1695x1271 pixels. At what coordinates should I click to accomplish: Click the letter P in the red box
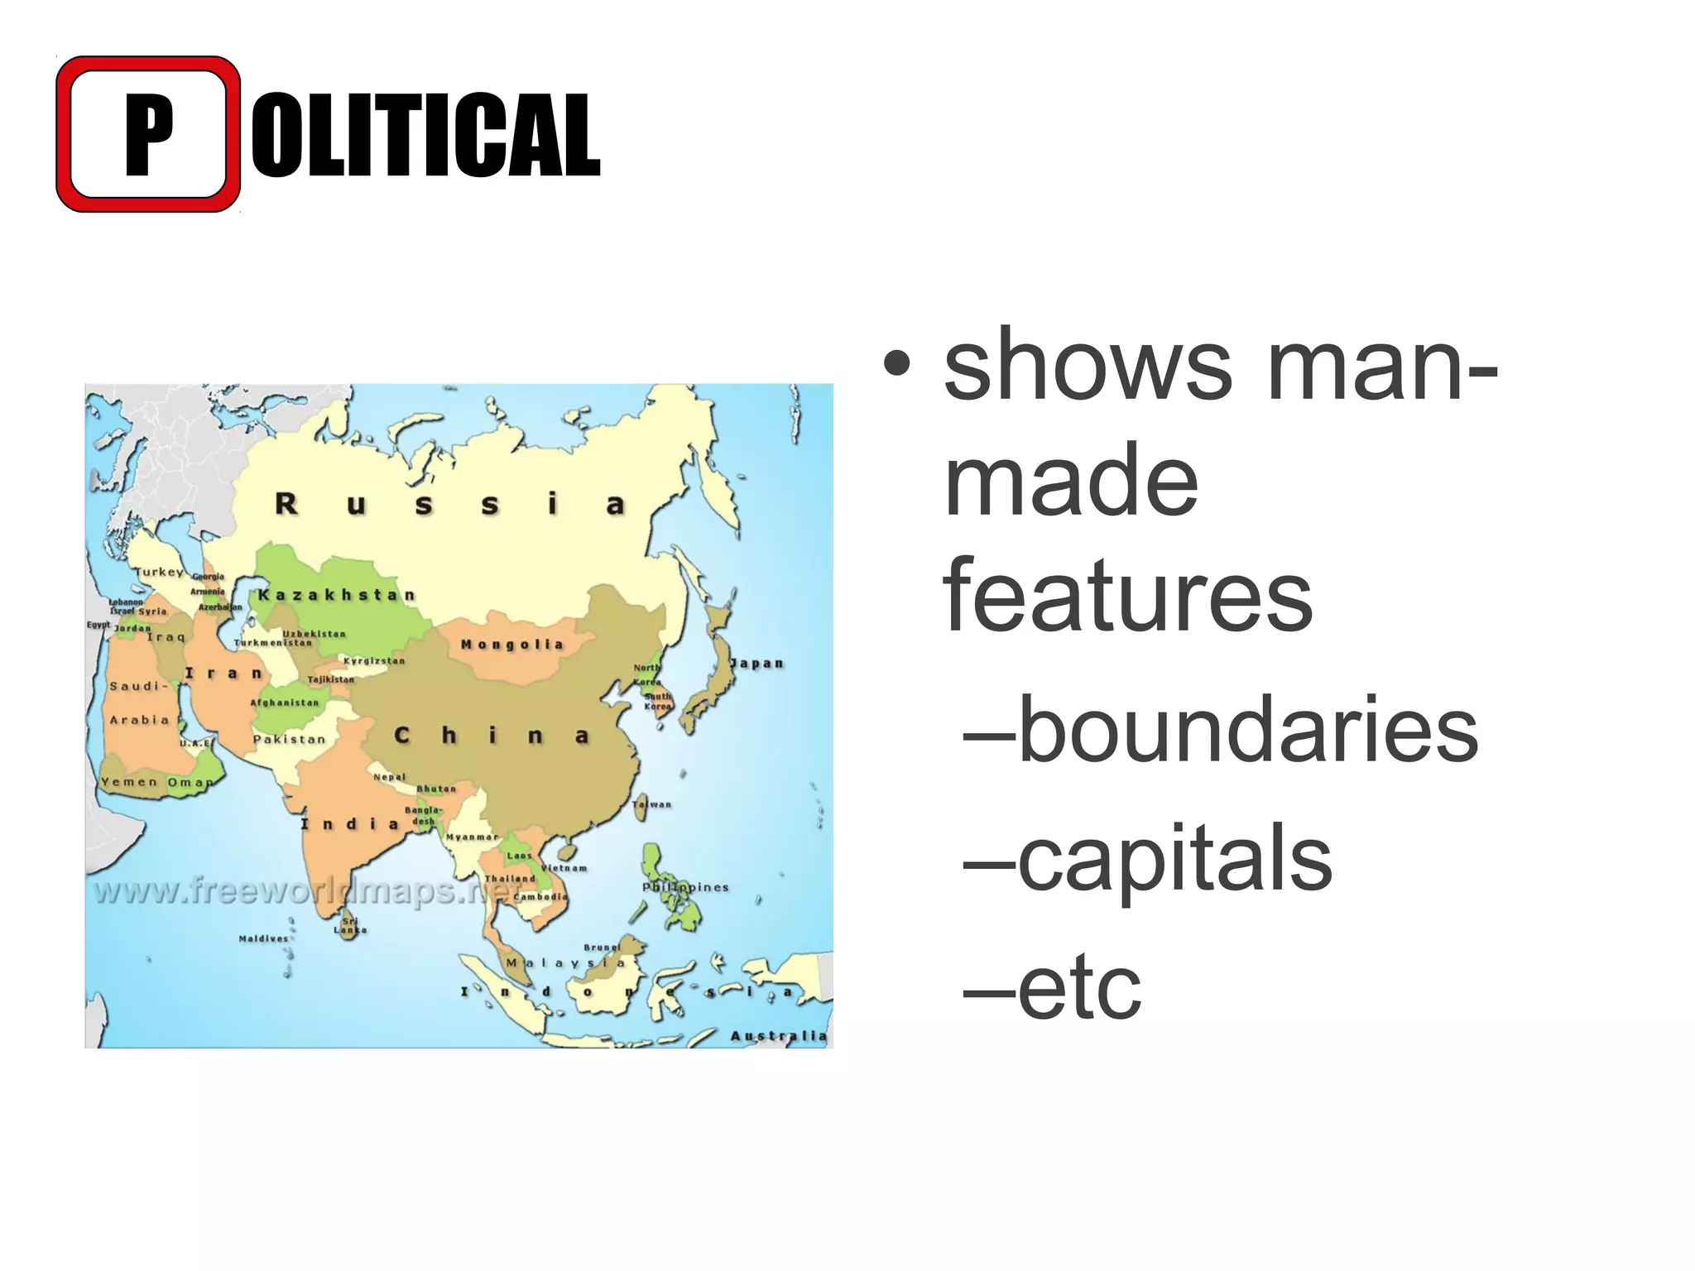pos(149,134)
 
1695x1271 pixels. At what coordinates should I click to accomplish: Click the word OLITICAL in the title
pos(425,135)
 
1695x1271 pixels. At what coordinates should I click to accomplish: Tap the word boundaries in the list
pos(1248,729)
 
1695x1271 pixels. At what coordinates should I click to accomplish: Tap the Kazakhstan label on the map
pos(336,595)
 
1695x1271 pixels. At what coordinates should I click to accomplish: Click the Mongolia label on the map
pos(512,645)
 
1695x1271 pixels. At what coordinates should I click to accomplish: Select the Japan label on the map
pos(756,664)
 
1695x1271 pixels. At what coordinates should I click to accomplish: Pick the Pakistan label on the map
pos(289,739)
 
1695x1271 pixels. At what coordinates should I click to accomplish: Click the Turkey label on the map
pos(159,572)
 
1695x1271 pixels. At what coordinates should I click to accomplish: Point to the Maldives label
pos(263,938)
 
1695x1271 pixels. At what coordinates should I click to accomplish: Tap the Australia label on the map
pos(778,1036)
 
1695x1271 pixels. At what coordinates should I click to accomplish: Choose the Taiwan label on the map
pos(652,804)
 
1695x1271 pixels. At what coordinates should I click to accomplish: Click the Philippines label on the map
pos(685,887)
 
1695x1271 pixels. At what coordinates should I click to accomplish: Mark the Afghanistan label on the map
pos(284,703)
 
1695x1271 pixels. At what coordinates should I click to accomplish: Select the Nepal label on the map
pos(389,777)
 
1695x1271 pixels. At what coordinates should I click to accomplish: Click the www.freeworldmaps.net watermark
pos(306,892)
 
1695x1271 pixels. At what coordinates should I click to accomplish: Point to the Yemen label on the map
pos(129,782)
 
